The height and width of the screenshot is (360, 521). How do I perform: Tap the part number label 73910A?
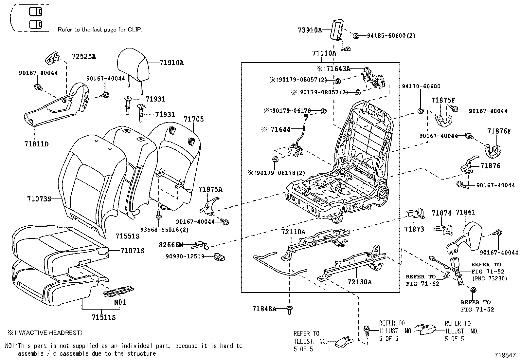310,30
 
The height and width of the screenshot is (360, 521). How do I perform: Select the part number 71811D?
36,144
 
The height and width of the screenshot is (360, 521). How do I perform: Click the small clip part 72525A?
52,58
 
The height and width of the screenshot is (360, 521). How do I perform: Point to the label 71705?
193,119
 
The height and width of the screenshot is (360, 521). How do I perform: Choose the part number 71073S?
39,199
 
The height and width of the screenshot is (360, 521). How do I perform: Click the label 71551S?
127,236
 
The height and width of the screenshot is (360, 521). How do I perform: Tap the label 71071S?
132,251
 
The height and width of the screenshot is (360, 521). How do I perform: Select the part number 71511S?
103,317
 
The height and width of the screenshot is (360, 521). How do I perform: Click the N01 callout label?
120,302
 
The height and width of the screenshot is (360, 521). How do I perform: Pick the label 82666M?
171,245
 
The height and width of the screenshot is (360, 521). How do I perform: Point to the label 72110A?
293,232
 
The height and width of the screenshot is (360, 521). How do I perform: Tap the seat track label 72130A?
359,282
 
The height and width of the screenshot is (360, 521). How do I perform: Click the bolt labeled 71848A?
289,309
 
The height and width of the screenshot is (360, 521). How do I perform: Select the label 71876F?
499,131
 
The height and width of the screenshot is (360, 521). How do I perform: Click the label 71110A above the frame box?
324,53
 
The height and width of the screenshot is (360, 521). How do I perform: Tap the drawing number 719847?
505,355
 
